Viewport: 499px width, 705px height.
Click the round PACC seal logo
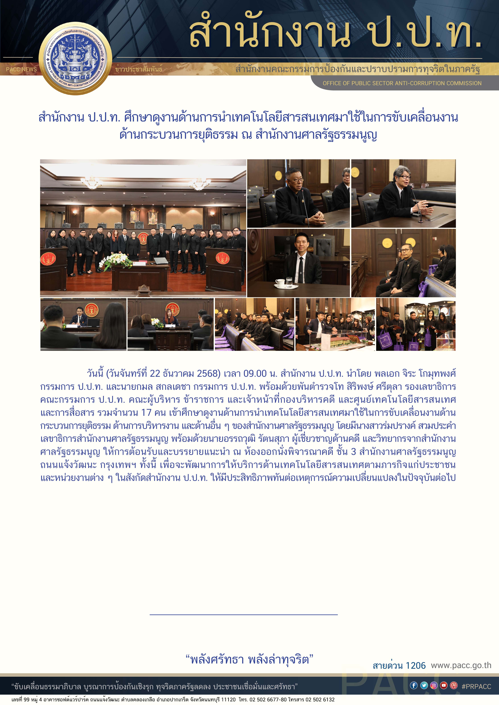(75, 58)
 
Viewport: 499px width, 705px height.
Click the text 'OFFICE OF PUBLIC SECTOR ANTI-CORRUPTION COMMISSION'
(402, 83)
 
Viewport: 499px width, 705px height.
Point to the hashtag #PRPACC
(476, 686)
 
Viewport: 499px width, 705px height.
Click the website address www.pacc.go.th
(461, 665)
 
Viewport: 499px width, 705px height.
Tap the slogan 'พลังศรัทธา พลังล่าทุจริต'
(250, 659)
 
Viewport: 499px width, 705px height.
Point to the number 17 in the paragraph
(146, 412)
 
